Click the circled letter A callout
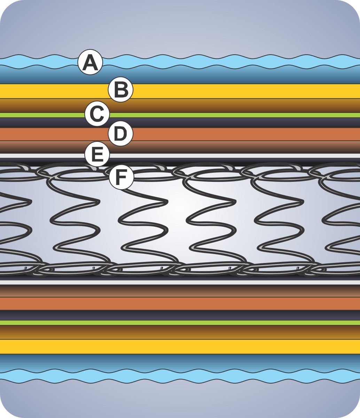(x=90, y=63)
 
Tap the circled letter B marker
(x=120, y=90)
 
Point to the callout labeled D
(x=120, y=134)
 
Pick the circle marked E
(x=97, y=154)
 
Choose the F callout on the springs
(x=121, y=177)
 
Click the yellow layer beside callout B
(x=226, y=91)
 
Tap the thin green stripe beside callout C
(x=226, y=115)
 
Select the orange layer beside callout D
(x=226, y=134)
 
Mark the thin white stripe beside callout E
(x=226, y=155)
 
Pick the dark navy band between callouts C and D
(x=226, y=123)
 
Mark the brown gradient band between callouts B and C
(x=226, y=106)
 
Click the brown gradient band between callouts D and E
(x=226, y=147)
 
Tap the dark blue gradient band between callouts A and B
(x=226, y=76)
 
